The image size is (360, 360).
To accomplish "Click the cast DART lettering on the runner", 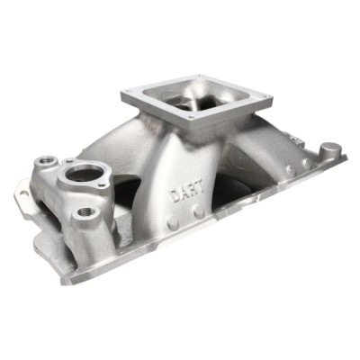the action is [x=186, y=192].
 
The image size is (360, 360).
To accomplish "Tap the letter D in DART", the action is [x=174, y=196].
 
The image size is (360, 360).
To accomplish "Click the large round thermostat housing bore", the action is [x=84, y=173].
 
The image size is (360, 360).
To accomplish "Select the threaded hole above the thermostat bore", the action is [x=46, y=161].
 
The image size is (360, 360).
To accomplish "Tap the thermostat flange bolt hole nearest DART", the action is [x=103, y=185].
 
